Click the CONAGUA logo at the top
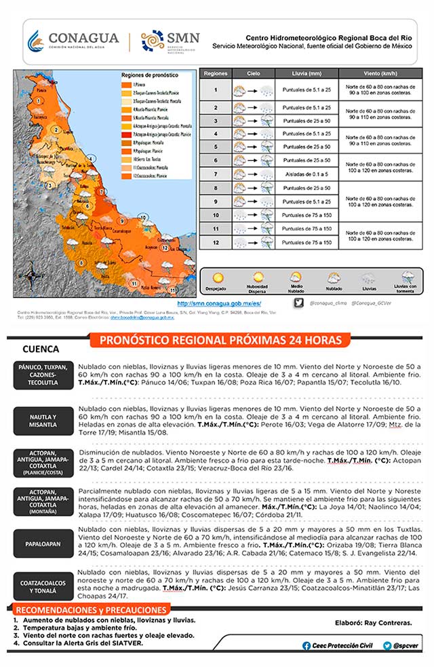73,41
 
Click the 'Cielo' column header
253,72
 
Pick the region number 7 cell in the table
216,173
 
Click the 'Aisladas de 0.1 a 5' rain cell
307,173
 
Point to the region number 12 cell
216,242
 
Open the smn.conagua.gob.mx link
218,303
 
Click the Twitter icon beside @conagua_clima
299,303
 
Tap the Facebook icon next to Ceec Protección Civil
307,646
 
